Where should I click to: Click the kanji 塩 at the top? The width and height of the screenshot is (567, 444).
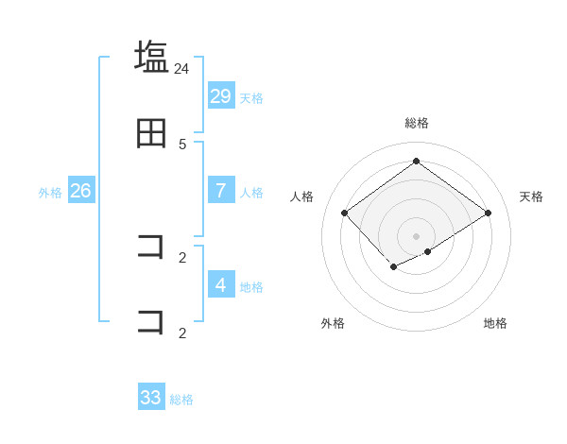[151, 56]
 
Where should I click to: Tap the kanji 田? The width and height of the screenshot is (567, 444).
[151, 133]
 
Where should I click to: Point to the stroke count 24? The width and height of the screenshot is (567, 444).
[182, 68]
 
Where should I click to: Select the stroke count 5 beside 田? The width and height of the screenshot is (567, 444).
[182, 145]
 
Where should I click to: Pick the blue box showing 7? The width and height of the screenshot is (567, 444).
[221, 190]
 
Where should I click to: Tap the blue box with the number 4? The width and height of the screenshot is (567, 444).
[221, 284]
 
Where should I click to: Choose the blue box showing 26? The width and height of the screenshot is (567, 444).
[80, 190]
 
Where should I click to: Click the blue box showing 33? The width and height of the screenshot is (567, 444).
[151, 398]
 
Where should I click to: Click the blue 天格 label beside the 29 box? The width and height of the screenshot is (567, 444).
[251, 97]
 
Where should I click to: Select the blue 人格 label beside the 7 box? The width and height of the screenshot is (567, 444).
[251, 192]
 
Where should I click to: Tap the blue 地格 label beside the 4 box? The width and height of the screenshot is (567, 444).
[251, 286]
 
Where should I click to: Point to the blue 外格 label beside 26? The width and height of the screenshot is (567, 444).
[50, 192]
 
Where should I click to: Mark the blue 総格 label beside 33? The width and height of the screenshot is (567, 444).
[181, 400]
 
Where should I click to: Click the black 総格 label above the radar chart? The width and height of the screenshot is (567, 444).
[417, 123]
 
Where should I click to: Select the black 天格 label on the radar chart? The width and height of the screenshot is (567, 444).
[532, 196]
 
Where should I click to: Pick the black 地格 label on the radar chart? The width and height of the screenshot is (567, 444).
[495, 323]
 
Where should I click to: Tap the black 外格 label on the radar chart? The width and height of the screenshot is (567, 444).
[333, 323]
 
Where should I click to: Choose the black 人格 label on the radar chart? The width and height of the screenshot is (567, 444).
[302, 196]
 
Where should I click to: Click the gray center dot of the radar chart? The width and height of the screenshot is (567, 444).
[417, 235]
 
